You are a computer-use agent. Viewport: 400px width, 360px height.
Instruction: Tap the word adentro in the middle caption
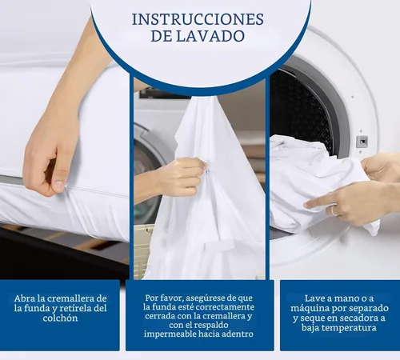(232, 334)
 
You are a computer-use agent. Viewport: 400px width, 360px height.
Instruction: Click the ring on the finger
(336, 210)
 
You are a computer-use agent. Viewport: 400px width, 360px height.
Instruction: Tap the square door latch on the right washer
(362, 142)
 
